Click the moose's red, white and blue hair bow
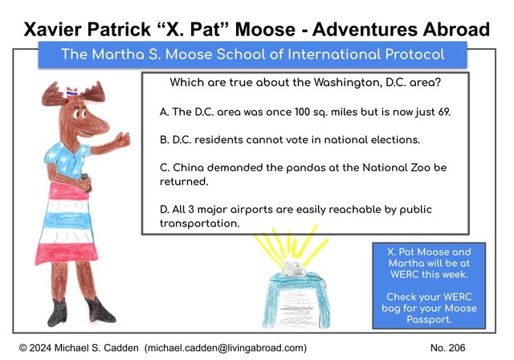tap(71, 92)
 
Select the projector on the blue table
tap(293, 269)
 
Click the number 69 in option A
tap(444, 112)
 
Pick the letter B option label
tap(164, 140)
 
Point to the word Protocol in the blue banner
tap(414, 55)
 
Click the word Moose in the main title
tap(265, 29)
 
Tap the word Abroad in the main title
tap(456, 29)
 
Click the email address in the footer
tap(226, 348)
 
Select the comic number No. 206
tap(448, 348)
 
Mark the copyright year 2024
tap(39, 348)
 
